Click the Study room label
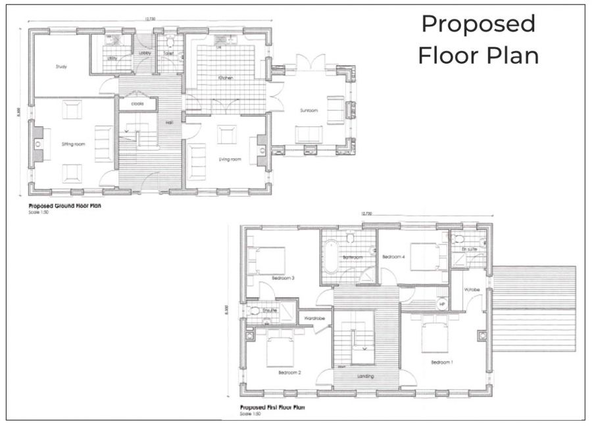coord(61,66)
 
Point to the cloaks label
coord(137,104)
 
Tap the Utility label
coord(112,59)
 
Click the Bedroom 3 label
coord(282,278)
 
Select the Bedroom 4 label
coord(393,256)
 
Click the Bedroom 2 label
coord(289,373)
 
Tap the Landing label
coord(366,376)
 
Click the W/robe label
coord(471,289)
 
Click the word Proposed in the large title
coord(478,24)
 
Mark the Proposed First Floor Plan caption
coord(272,408)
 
